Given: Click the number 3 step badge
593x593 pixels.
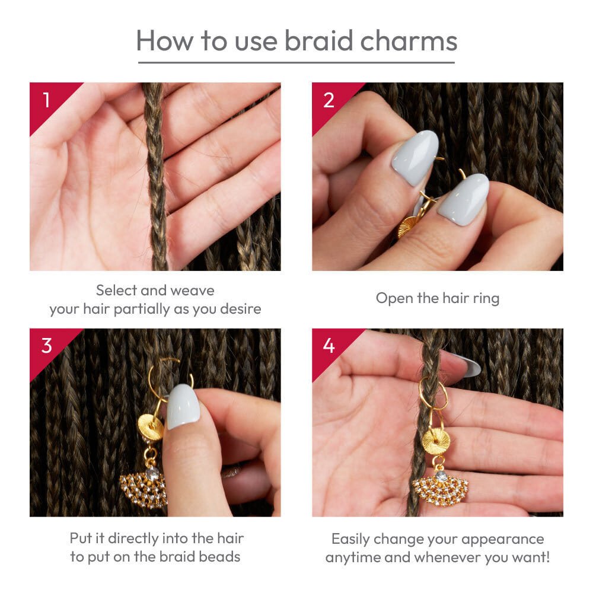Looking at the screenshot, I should point(47,345).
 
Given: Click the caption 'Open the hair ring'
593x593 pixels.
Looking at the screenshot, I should point(438,298).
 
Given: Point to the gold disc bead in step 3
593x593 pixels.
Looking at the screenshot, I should point(150,428).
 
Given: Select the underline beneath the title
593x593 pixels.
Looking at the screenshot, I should point(296,62).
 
